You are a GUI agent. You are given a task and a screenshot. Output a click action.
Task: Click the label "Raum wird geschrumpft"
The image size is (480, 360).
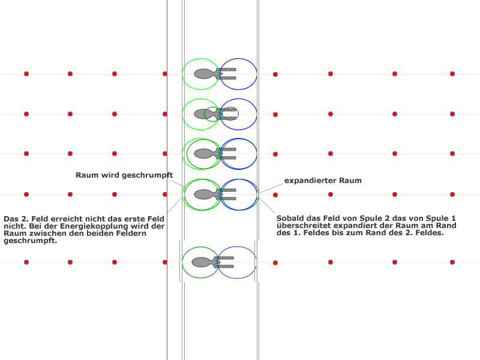124,175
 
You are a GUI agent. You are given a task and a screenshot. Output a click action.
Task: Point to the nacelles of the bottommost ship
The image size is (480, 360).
224,262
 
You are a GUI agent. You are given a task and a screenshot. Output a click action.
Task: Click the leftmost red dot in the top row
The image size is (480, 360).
26,74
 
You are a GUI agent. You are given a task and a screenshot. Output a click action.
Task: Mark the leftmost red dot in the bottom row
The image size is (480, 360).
26,262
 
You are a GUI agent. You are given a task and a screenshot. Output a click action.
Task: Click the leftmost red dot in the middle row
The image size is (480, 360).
26,154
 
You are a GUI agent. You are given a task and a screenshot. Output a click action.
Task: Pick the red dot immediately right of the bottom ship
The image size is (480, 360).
275,262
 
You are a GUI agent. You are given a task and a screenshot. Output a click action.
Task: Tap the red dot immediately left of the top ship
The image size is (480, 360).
165,74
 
